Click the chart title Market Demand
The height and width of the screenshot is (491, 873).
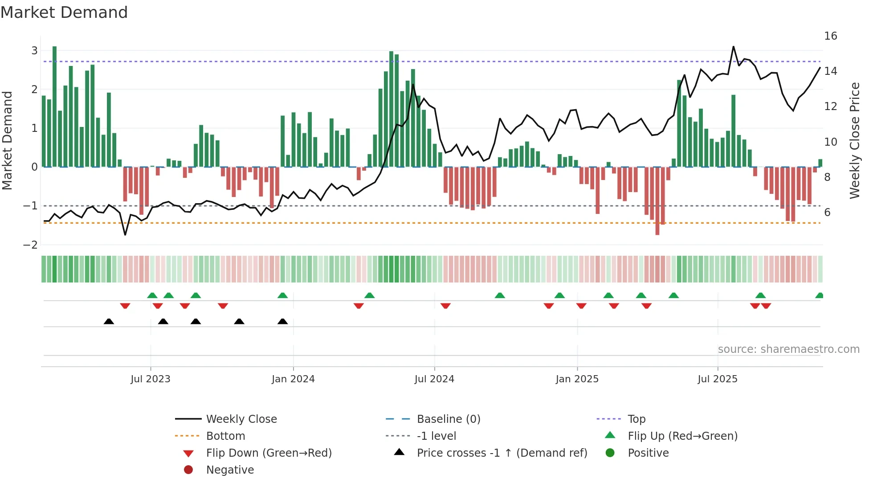[x=64, y=12]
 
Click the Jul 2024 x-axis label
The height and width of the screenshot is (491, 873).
[x=434, y=379]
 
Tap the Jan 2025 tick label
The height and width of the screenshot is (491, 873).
[x=577, y=379]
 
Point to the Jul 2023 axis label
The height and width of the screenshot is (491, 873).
[x=151, y=379]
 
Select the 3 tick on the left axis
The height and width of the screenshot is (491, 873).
[x=34, y=50]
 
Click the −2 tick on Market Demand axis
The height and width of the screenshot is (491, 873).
[x=31, y=245]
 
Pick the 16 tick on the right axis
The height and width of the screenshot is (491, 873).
[x=830, y=36]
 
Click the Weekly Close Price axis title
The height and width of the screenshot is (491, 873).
[x=854, y=140]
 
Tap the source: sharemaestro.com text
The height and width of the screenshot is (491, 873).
[x=788, y=349]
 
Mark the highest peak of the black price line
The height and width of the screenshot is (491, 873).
[x=733, y=47]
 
